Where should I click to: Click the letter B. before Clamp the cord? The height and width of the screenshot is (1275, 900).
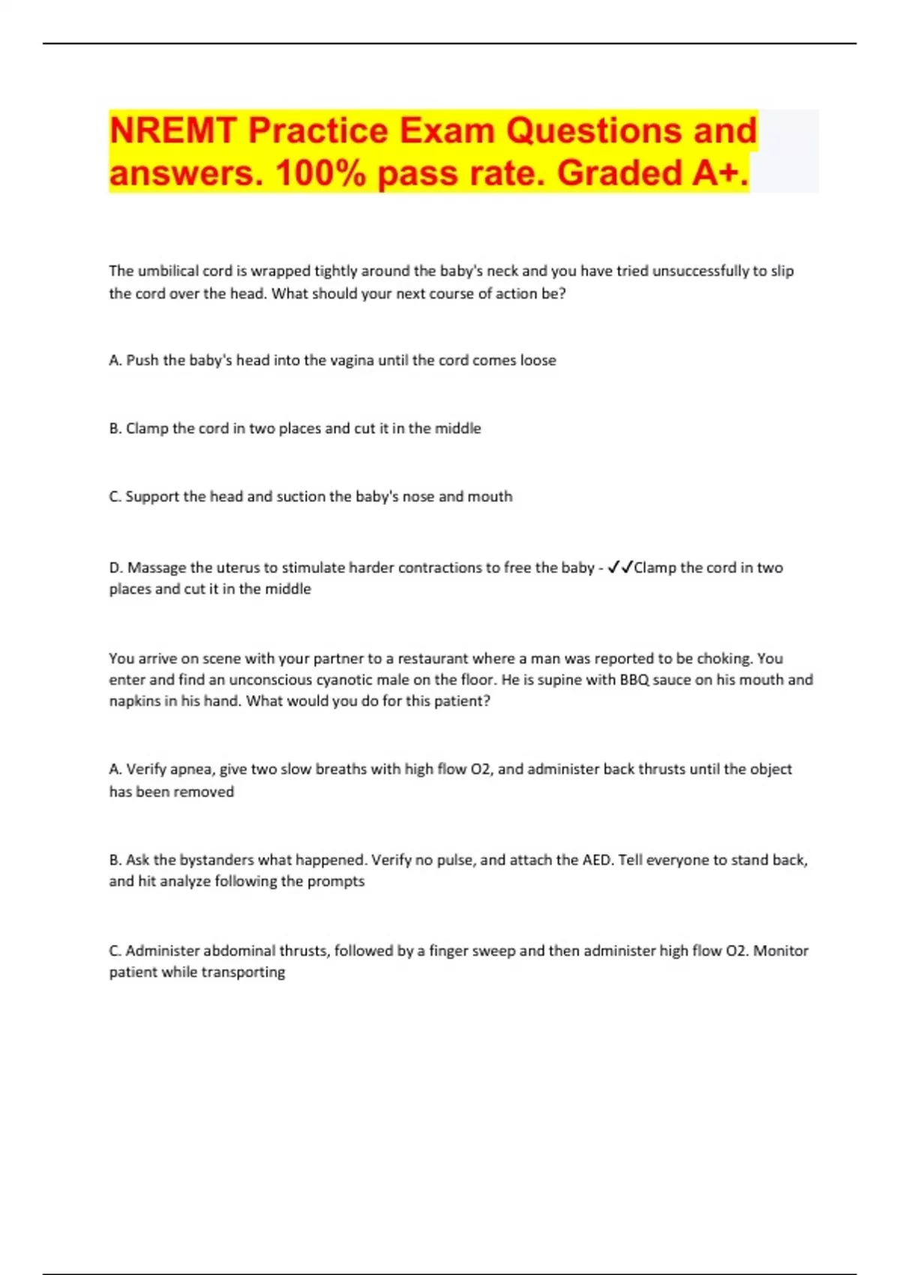click(x=115, y=428)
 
